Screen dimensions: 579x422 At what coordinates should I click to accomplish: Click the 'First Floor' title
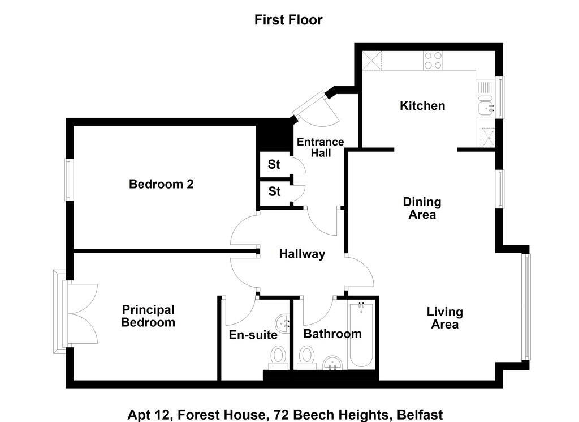[288, 20]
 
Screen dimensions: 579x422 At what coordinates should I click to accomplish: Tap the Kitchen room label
[422, 106]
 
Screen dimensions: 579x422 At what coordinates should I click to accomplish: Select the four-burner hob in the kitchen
[433, 60]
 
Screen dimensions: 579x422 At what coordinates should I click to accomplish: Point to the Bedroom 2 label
[161, 184]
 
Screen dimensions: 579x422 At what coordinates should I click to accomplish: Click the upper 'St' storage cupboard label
[274, 164]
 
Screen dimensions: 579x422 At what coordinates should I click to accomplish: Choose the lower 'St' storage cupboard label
[274, 191]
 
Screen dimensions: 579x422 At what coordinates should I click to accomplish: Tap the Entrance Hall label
[321, 147]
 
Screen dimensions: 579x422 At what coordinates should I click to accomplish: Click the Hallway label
[302, 254]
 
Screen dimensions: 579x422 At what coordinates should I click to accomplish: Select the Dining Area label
[422, 208]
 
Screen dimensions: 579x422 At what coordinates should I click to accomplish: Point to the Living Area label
[445, 318]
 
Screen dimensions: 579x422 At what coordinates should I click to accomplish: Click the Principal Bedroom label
[148, 316]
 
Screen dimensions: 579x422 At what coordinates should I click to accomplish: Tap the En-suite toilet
[278, 357]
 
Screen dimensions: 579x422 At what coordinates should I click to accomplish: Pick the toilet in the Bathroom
[306, 357]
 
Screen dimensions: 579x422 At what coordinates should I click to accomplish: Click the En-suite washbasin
[283, 322]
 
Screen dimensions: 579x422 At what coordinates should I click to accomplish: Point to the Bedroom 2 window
[69, 180]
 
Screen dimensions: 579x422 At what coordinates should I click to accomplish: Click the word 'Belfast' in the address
[420, 415]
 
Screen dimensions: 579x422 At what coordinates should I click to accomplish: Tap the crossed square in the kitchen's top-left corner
[371, 61]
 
